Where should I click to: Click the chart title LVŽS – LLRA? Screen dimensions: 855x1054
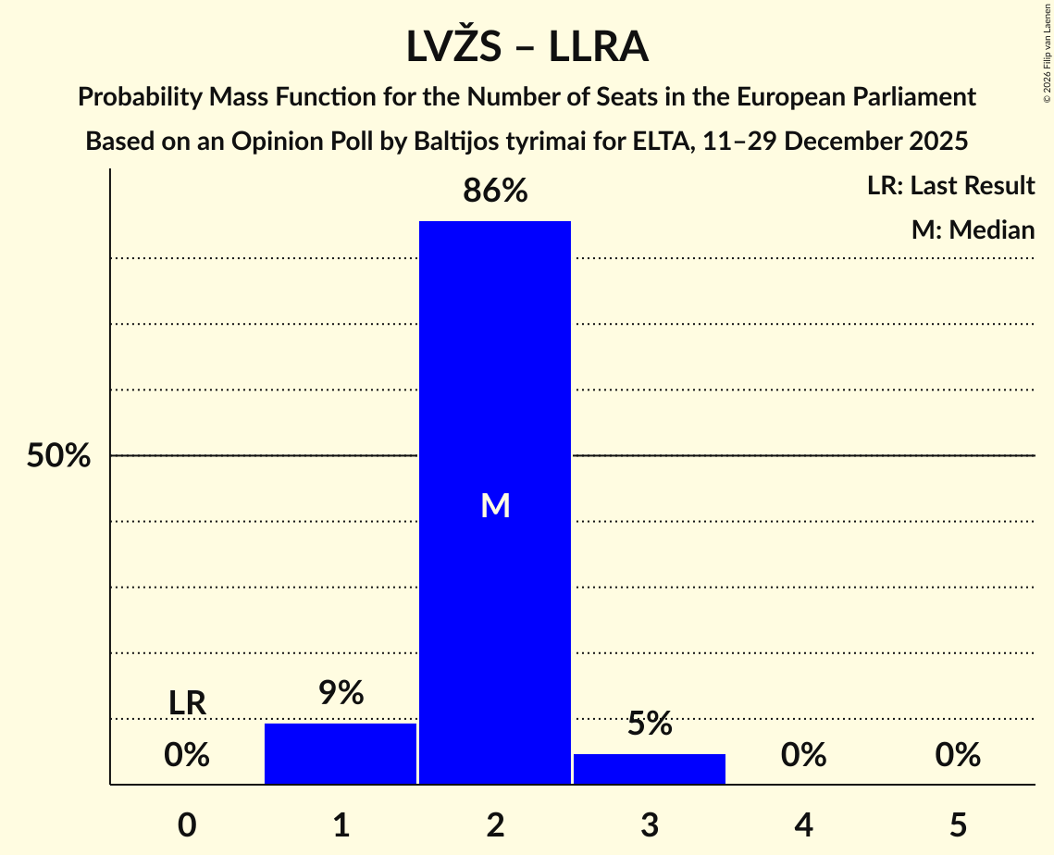[527, 46]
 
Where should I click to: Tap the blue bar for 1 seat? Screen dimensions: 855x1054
[341, 753]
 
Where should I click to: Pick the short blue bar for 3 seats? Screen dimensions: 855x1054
[649, 769]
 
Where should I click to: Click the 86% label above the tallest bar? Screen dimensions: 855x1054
[495, 192]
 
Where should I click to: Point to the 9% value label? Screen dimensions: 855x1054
[341, 693]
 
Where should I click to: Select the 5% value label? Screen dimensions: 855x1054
[649, 724]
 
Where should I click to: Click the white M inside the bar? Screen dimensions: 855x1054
[495, 505]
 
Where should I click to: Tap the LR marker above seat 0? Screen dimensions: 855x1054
[187, 703]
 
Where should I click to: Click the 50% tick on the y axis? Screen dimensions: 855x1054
[58, 456]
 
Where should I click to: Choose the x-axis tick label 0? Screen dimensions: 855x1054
[187, 824]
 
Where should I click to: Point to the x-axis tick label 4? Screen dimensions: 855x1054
[803, 824]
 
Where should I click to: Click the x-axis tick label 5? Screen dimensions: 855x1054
[958, 824]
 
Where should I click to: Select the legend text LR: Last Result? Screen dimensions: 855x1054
[950, 186]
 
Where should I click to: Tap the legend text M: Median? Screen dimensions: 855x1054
[973, 229]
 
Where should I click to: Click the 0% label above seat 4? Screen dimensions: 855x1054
[803, 756]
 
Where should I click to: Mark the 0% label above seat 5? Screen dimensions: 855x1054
[958, 756]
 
